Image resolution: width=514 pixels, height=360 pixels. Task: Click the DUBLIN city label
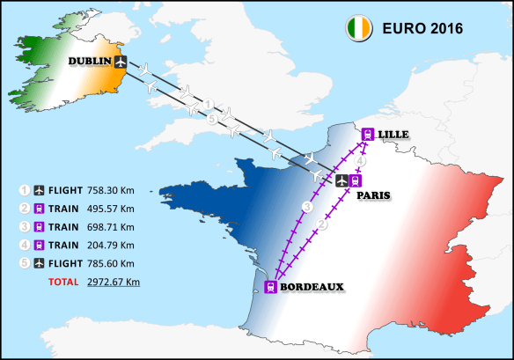click(91, 61)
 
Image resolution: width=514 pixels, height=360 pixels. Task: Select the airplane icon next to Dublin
click(121, 61)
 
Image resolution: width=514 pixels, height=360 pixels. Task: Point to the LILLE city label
click(394, 134)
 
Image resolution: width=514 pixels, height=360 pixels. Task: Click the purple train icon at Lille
click(368, 134)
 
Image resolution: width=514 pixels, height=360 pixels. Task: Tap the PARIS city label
click(374, 196)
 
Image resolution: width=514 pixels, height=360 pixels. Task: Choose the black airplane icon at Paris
click(342, 180)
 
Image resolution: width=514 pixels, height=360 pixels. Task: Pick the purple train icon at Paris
click(356, 180)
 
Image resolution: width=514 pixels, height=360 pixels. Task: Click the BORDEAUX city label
click(312, 286)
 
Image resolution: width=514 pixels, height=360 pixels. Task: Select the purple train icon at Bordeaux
click(270, 286)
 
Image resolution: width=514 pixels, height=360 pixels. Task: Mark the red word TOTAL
click(61, 282)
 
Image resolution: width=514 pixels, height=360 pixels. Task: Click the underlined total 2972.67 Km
click(114, 282)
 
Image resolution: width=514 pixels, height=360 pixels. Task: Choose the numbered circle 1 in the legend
click(26, 189)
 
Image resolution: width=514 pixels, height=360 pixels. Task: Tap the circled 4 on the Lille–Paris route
click(361, 161)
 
